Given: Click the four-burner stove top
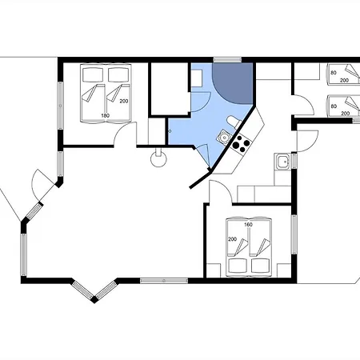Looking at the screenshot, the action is pos(242,144).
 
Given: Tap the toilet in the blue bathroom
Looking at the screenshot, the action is pos(234,122).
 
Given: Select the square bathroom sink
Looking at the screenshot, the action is pos(225,137).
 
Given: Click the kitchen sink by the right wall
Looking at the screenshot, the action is pos(282,162).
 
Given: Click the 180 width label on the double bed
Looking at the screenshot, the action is pos(105,115).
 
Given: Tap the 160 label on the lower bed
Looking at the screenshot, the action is pos(248,225).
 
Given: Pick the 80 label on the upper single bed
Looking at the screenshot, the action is pos(334,73).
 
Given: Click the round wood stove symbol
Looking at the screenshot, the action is pos(158,159).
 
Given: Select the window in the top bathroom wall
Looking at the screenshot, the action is pos(227,60).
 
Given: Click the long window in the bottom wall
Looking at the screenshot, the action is pos(164,281).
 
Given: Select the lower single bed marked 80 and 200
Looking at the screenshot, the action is pos(343,106).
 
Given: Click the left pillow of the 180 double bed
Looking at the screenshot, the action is pos(93,74).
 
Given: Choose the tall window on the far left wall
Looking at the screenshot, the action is pos(61,106).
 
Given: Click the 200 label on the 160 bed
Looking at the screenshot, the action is pos(232,239).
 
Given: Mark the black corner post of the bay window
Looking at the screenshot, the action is pos(94,299).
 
